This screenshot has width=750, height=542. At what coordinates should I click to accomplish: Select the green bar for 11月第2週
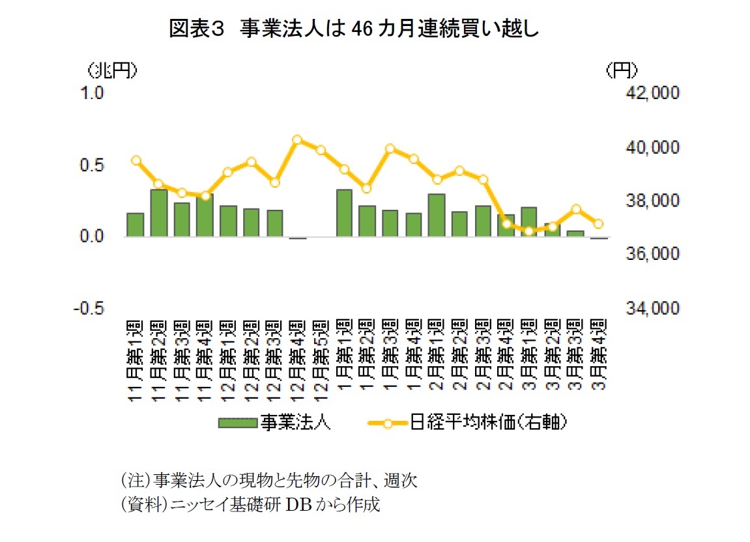(159, 213)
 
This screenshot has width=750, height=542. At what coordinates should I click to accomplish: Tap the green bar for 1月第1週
(344, 213)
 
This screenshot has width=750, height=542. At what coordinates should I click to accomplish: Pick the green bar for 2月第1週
(437, 216)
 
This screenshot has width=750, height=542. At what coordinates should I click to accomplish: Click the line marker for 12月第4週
(297, 139)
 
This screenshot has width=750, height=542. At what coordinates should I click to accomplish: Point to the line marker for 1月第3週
(390, 149)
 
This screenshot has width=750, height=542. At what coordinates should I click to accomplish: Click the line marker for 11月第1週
(136, 160)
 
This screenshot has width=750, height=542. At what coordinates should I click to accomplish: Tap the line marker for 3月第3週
(576, 209)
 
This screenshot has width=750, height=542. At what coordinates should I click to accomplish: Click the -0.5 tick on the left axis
(91, 308)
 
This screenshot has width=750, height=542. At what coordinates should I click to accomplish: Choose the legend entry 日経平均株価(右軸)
(469, 423)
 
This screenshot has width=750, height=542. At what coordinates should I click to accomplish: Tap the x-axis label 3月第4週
(598, 360)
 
